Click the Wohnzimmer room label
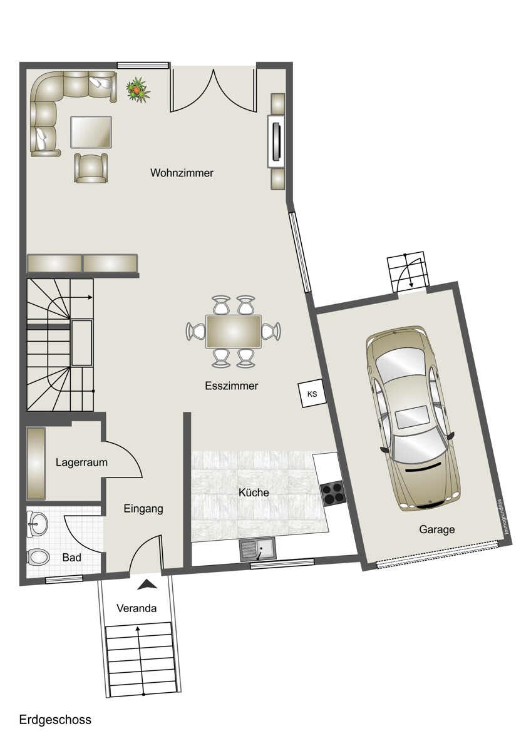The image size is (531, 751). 182,173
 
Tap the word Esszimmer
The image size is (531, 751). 232,386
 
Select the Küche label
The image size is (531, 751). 254,493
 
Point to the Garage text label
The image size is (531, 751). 436,529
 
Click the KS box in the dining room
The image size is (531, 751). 312,394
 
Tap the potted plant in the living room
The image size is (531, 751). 138,88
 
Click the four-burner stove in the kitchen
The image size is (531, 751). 334,493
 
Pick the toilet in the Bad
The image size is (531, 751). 38,558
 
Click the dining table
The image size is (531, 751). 234,331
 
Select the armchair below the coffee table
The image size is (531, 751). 91,168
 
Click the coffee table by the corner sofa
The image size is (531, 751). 91,132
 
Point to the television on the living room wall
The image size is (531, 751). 276,141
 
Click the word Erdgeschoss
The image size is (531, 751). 55,720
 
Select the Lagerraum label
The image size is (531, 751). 81,462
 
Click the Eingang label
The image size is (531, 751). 143,509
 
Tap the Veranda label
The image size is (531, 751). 137,608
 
